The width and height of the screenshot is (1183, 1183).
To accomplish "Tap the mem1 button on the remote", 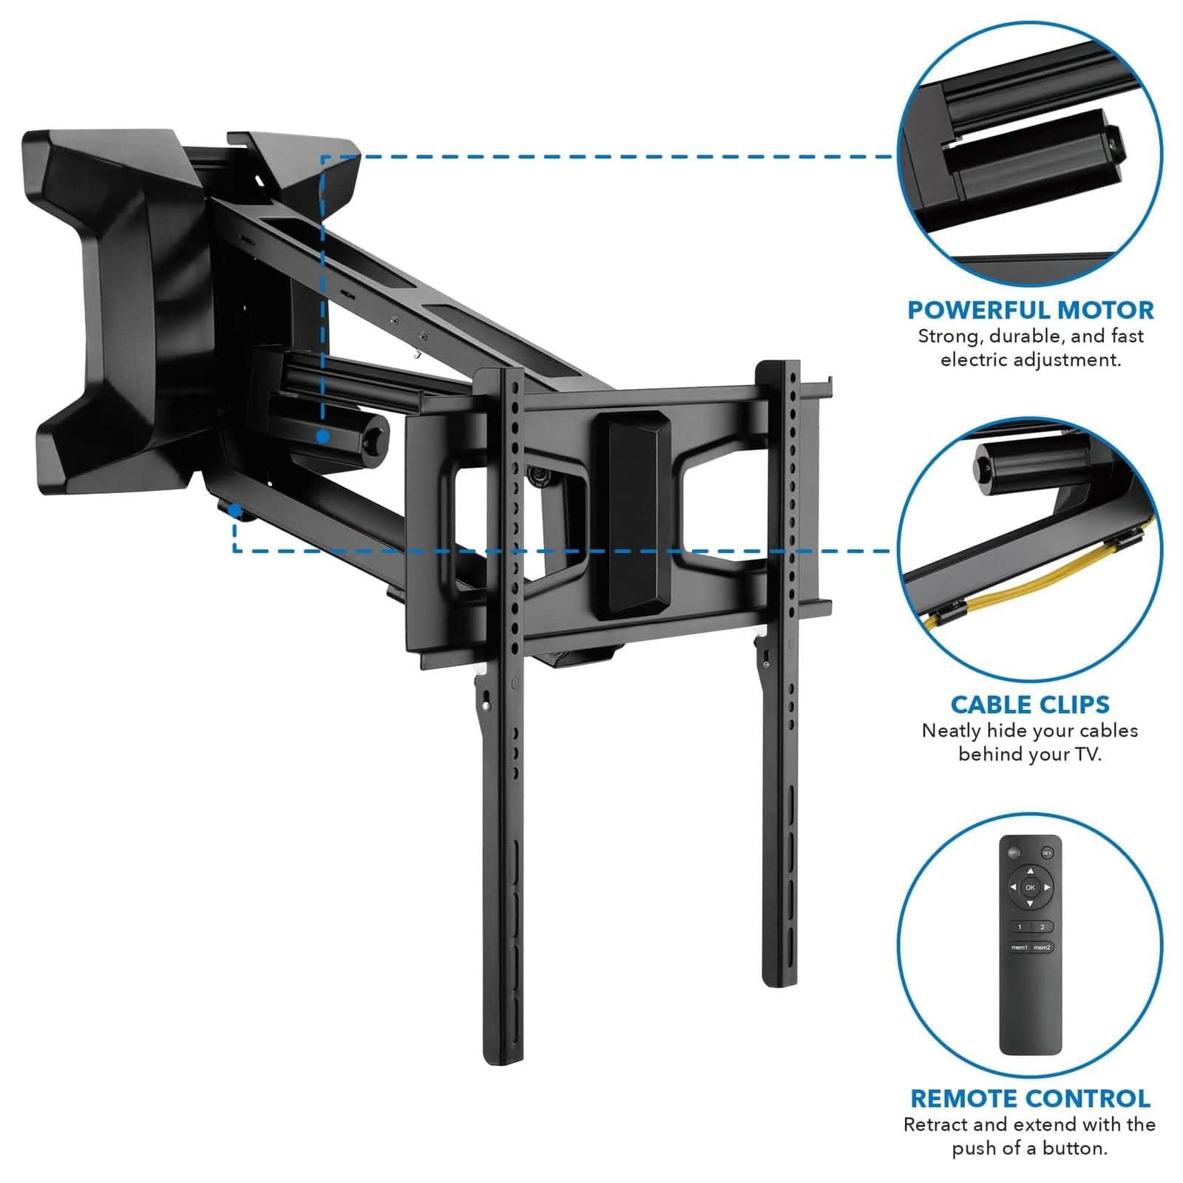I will pos(1020,948).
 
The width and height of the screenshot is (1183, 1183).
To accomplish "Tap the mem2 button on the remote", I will pos(1043,948).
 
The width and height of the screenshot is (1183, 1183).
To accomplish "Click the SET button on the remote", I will pos(1047,852).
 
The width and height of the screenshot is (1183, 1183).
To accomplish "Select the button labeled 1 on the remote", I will pos(1020,926).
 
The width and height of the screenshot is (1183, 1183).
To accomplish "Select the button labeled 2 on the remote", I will pos(1043,926).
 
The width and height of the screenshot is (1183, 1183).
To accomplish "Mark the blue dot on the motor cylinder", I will pos(322,437).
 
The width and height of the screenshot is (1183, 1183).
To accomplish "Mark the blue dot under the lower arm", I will pos(234,510).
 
